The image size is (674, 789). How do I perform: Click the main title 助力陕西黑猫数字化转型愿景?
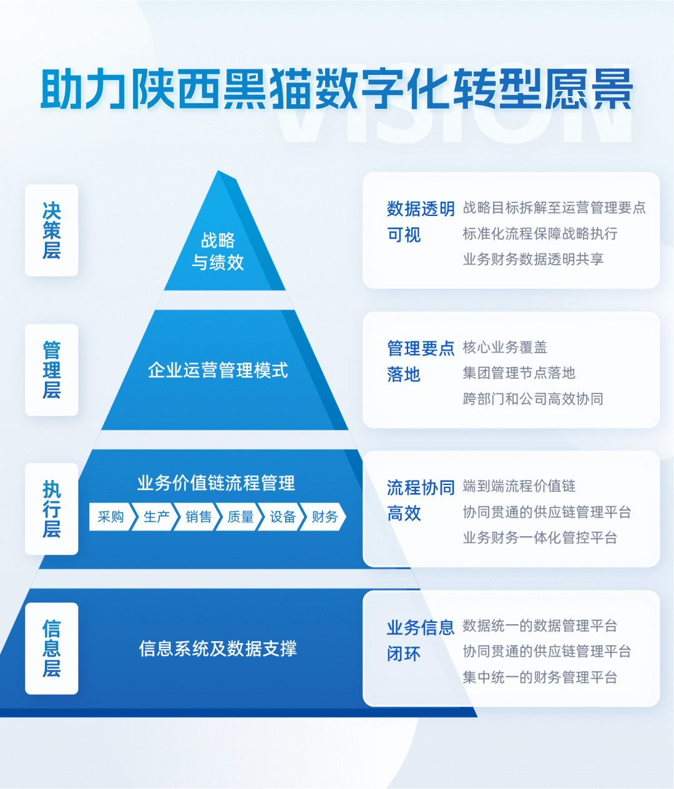point(337,89)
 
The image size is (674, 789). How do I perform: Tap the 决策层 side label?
point(52,230)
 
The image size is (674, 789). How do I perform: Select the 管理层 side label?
point(52,370)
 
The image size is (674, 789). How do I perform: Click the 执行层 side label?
point(52,509)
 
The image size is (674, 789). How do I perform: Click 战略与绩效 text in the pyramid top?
point(218,251)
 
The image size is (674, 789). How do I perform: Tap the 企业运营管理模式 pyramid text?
point(218,370)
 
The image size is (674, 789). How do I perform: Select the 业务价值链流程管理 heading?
point(216,483)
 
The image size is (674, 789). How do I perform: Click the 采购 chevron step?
point(110,517)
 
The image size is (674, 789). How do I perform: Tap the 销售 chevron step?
point(198,517)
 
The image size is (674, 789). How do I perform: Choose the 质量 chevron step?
point(240,517)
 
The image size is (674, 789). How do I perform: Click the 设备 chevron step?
point(283,517)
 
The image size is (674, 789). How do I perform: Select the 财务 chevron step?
point(325,517)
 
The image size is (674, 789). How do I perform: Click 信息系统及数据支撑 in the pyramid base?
point(218,649)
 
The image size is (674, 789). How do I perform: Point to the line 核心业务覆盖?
point(505,347)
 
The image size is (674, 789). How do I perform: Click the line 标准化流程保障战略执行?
point(540,233)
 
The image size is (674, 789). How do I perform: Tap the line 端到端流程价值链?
point(519,486)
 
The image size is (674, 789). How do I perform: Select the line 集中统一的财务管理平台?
point(540,677)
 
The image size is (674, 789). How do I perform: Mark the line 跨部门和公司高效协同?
point(533,399)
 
